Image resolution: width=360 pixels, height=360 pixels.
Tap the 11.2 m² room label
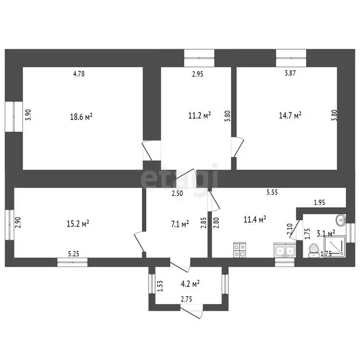(x=199, y=115)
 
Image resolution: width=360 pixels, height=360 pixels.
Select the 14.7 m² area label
(x=290, y=115)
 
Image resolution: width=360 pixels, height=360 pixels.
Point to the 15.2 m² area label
(x=78, y=224)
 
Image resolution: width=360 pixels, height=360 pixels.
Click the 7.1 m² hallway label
(x=180, y=224)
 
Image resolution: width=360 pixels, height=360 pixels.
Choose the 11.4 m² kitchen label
(x=255, y=219)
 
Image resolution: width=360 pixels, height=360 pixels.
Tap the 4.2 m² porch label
(x=190, y=284)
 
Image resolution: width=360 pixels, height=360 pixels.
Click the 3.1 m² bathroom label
(x=326, y=233)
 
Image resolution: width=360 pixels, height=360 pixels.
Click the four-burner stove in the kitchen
(x=240, y=250)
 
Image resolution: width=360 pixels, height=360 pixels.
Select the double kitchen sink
(x=285, y=250)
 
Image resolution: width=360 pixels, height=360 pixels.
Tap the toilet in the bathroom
(x=314, y=250)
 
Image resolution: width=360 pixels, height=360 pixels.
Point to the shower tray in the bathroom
(x=335, y=246)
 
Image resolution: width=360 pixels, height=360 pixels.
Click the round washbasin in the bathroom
(x=341, y=220)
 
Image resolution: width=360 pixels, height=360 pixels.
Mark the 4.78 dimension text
(x=79, y=74)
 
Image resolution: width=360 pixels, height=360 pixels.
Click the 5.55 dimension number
(x=272, y=192)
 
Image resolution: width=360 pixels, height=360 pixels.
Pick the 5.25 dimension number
(x=74, y=254)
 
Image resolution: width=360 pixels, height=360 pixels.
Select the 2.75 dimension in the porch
(x=187, y=299)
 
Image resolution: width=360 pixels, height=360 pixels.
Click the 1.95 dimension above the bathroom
(x=319, y=202)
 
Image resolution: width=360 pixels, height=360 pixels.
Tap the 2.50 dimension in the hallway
(x=178, y=193)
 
